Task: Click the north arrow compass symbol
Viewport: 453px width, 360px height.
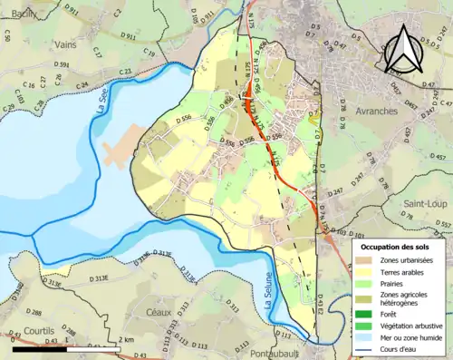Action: coord(403,50)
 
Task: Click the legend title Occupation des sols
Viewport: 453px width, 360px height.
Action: coord(396,247)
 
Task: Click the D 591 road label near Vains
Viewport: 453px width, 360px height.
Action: coord(62,65)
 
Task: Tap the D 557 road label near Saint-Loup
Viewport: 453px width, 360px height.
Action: coord(441,223)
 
